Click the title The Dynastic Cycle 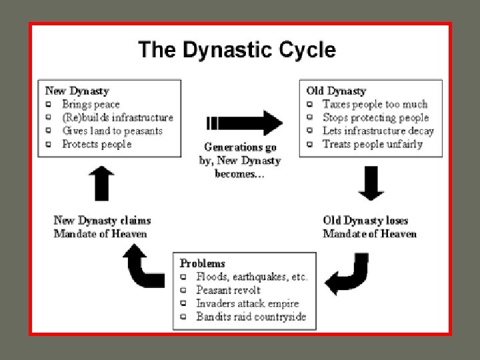pyautogui.click(x=237, y=49)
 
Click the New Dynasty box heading pyautogui.click(x=77, y=90)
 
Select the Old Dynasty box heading pyautogui.click(x=336, y=90)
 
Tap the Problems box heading pyautogui.click(x=202, y=263)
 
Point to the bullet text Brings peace pyautogui.click(x=91, y=104)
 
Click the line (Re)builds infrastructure pyautogui.click(x=117, y=117)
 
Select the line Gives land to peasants pyautogui.click(x=112, y=131)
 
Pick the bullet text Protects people pyautogui.click(x=97, y=144)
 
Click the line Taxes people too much pyautogui.click(x=375, y=104)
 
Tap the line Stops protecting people pyautogui.click(x=375, y=117)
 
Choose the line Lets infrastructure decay pyautogui.click(x=378, y=131)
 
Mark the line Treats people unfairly pyautogui.click(x=372, y=144)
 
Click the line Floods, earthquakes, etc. pyautogui.click(x=251, y=277)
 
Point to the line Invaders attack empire pyautogui.click(x=247, y=303)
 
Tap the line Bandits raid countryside pyautogui.click(x=251, y=317)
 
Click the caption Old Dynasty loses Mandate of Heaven pyautogui.click(x=369, y=227)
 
